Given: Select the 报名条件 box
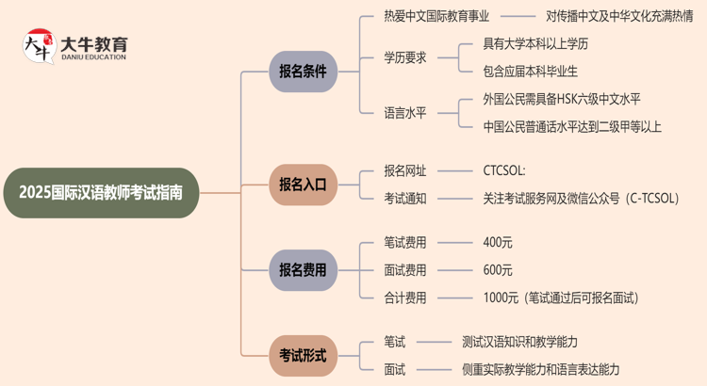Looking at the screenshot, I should pyautogui.click(x=303, y=72).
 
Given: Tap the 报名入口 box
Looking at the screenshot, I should pyautogui.click(x=303, y=185).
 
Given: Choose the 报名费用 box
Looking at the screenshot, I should pyautogui.click(x=303, y=270).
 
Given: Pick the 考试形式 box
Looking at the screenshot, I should pyautogui.click(x=303, y=355).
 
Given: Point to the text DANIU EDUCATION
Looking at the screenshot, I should pyautogui.click(x=93, y=57).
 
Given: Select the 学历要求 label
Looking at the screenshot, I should pyautogui.click(x=405, y=56).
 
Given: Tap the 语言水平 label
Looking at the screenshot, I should pyautogui.click(x=405, y=112).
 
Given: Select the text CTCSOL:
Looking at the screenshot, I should pyautogui.click(x=504, y=171).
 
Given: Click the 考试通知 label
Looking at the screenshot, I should pyautogui.click(x=405, y=198).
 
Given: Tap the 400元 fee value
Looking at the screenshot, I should pyautogui.click(x=497, y=243).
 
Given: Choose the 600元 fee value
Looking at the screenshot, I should pyautogui.click(x=497, y=270).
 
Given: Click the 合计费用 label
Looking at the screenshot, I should pyautogui.click(x=405, y=298).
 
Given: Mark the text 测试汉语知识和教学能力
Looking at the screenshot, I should pyautogui.click(x=533, y=342).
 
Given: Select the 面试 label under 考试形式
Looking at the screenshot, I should pyautogui.click(x=394, y=369).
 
